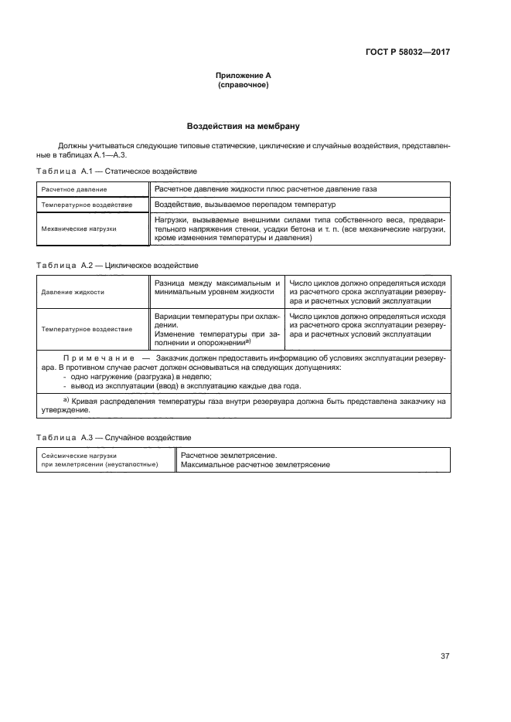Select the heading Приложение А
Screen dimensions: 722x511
coord(244,75)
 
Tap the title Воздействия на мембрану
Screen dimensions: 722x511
coord(244,125)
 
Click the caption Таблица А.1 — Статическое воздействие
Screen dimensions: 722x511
coord(116,171)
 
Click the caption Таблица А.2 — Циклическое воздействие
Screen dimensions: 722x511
coord(118,266)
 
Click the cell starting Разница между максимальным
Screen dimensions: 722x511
coord(217,288)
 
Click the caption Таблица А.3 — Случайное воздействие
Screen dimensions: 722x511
coord(114,438)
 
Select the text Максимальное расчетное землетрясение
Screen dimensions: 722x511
coord(255,465)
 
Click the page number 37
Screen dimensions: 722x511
coord(445,656)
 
